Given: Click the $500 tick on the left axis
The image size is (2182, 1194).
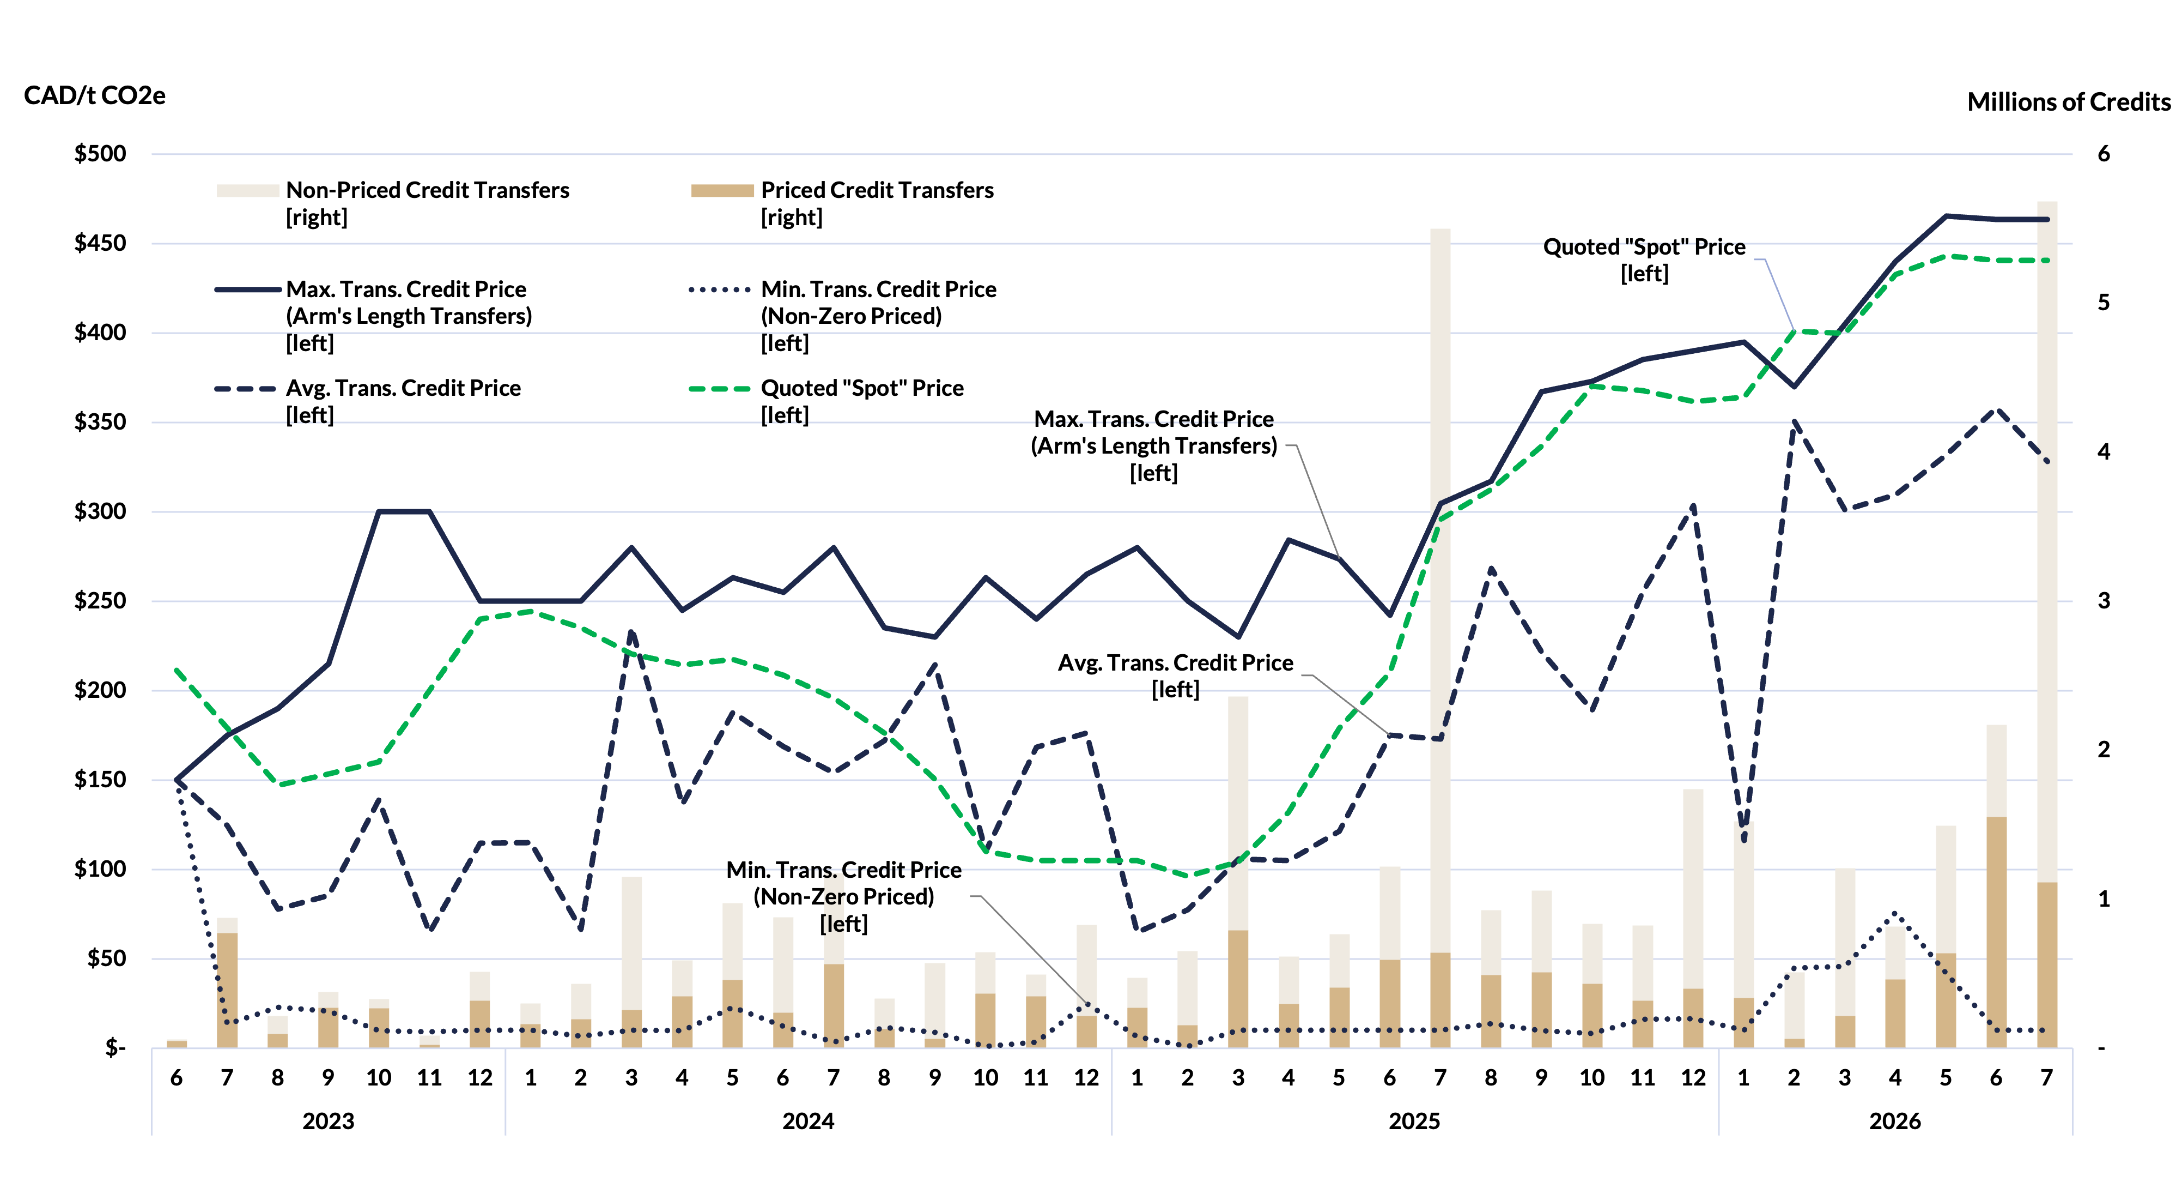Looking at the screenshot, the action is point(100,153).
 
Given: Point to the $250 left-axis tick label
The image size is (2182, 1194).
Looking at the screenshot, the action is point(100,601).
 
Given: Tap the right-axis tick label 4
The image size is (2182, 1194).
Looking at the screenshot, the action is point(2103,451).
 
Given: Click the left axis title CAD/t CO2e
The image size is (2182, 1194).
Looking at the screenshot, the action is point(94,96).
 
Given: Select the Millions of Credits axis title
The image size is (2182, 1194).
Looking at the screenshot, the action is point(2069,102).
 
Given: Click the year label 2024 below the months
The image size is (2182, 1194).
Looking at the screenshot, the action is point(808,1121).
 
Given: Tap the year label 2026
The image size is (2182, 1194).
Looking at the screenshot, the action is point(1895,1121).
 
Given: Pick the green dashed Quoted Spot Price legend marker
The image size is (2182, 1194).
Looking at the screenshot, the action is point(720,389).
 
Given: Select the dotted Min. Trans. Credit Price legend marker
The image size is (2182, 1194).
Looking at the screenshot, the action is point(720,290).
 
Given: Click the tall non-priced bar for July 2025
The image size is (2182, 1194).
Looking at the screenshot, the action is point(1440,590).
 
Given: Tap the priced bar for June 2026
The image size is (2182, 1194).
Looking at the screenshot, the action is point(1997,932).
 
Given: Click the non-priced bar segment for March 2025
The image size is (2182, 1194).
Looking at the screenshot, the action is point(1237,813).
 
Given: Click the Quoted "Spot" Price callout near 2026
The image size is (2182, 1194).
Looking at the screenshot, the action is point(1644,260).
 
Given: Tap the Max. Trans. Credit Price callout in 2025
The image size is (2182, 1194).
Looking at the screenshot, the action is point(1154,446).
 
